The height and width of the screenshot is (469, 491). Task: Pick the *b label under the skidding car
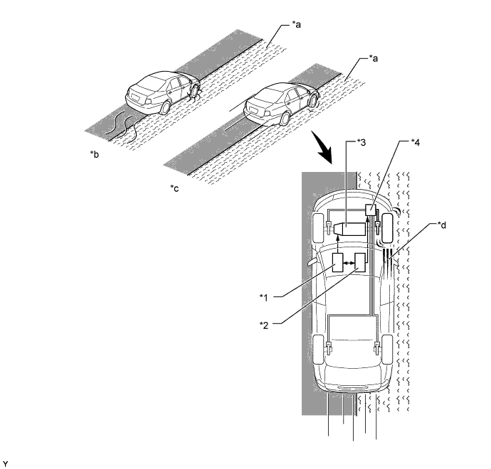(x=93, y=153)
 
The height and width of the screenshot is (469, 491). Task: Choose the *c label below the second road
(x=175, y=188)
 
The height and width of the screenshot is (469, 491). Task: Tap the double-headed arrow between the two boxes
(x=349, y=264)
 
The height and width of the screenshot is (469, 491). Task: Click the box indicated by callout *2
(x=361, y=264)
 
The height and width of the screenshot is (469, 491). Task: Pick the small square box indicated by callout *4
(x=370, y=210)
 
